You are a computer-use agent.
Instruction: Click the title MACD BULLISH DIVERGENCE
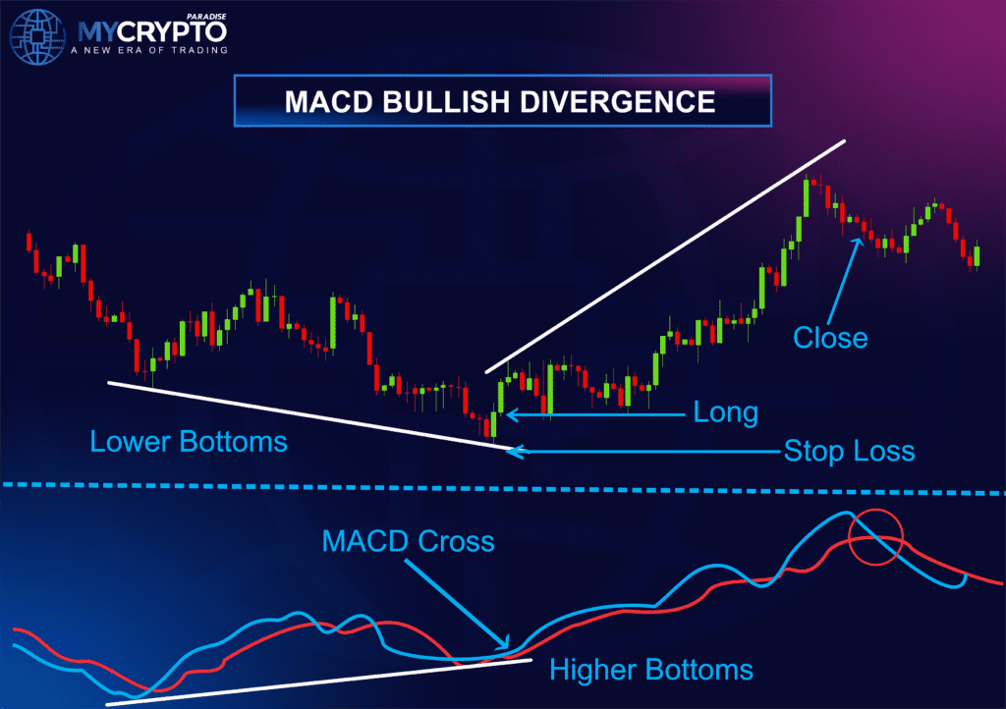[x=501, y=101]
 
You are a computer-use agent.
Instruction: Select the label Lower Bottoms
[x=189, y=442]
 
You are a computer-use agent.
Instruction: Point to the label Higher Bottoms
[x=651, y=671]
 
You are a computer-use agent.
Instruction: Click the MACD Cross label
[x=408, y=541]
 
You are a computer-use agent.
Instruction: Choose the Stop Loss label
[x=849, y=452]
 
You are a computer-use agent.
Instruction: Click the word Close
[x=830, y=339]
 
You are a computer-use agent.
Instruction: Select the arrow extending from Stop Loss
[x=639, y=452]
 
